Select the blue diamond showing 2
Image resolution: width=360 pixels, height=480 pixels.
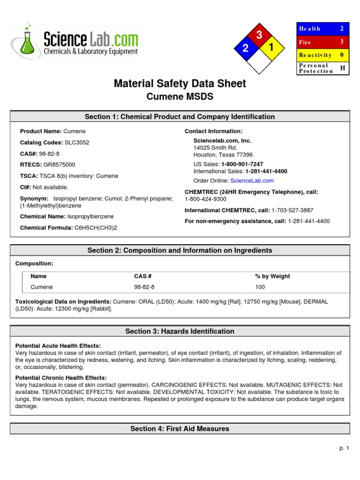pyautogui.click(x=245, y=48)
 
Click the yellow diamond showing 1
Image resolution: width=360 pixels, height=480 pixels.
pyautogui.click(x=271, y=47)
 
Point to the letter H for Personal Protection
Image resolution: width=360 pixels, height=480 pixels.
pyautogui.click(x=342, y=68)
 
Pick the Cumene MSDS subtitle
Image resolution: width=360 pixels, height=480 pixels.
pyautogui.click(x=180, y=97)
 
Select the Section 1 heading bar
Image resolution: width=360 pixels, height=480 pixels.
pyautogui.click(x=180, y=117)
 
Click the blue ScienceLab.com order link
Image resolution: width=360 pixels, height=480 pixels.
pyautogui.click(x=252, y=180)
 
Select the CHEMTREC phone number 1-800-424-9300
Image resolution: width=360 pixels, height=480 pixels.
pyautogui.click(x=206, y=199)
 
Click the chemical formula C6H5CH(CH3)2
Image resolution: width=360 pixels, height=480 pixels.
pyautogui.click(x=96, y=228)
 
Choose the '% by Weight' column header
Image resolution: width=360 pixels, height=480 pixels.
pyautogui.click(x=272, y=277)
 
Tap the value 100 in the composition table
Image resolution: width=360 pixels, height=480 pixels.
pyautogui.click(x=260, y=287)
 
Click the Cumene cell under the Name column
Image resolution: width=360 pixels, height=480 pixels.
pyautogui.click(x=42, y=287)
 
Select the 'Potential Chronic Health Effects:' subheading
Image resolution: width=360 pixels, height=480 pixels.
pyautogui.click(x=61, y=378)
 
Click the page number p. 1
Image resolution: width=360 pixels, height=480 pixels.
pyautogui.click(x=345, y=449)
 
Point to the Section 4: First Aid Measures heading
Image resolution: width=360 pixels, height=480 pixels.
pyautogui.click(x=180, y=428)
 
